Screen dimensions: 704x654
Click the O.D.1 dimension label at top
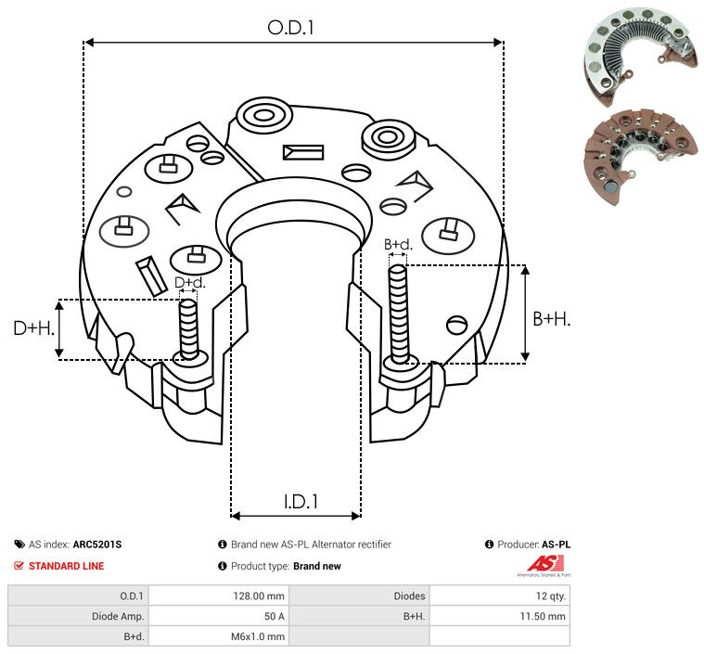(x=290, y=28)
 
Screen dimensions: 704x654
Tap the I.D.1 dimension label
(x=301, y=502)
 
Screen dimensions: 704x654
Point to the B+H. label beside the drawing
(x=552, y=319)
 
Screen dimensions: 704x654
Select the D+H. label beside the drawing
(x=33, y=328)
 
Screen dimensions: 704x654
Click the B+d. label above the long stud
(x=398, y=244)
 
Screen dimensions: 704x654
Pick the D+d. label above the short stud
(x=190, y=283)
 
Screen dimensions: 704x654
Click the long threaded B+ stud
(x=398, y=314)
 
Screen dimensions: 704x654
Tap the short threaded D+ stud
(x=188, y=328)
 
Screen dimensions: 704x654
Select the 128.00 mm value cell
(x=259, y=596)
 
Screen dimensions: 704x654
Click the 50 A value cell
(x=275, y=616)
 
